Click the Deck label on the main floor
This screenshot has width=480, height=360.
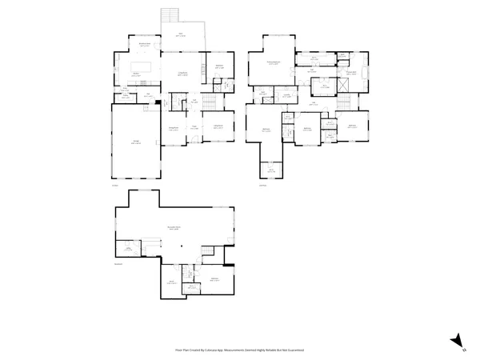point(181,34)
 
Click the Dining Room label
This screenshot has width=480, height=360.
point(172,129)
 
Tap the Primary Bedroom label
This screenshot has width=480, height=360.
point(274,62)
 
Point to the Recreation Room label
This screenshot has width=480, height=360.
point(173,228)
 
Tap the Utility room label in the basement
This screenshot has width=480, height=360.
point(127,250)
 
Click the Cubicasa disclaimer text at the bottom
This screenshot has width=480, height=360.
point(239,350)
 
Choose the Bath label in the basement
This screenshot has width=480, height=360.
point(172,282)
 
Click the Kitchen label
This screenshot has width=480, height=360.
point(136,74)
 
